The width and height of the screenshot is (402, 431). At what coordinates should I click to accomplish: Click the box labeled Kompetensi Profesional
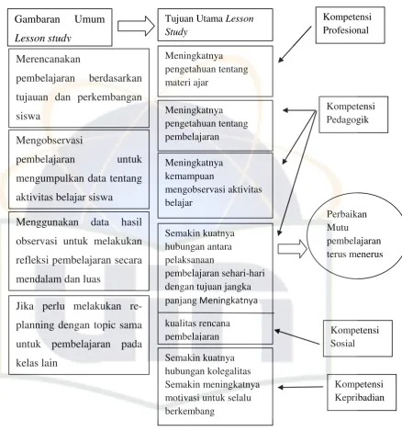point(351,25)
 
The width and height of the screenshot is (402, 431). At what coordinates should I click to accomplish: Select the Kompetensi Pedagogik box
point(353,115)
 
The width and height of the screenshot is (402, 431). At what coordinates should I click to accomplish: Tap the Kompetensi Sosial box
point(358,338)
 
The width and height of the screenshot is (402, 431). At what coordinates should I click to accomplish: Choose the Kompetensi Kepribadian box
point(362,392)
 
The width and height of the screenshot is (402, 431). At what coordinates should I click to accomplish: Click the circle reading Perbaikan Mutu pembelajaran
point(307,236)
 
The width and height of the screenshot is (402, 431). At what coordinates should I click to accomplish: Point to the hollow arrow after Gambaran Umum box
point(136,26)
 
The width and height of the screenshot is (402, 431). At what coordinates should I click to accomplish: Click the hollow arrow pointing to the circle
point(292,248)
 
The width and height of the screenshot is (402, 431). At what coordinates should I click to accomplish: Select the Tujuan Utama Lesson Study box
point(216,25)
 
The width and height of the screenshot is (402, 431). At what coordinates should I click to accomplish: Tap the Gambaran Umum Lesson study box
point(60,28)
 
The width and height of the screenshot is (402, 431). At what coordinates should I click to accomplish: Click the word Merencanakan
point(48,59)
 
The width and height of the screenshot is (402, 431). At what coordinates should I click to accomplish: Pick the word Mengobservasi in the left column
point(50,141)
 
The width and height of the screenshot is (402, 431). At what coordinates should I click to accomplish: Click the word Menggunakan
point(47,221)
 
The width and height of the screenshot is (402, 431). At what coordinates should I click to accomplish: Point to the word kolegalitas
point(229,371)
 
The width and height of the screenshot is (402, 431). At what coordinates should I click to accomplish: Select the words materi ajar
point(186,83)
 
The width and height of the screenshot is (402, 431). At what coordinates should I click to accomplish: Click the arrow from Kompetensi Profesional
point(295,44)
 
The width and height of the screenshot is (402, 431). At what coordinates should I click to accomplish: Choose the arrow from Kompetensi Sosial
point(296,337)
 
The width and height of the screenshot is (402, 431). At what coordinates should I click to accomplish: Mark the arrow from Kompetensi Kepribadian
point(300,387)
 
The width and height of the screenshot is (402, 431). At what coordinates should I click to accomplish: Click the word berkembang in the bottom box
point(190,411)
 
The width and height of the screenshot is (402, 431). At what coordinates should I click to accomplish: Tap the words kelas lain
point(37,363)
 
